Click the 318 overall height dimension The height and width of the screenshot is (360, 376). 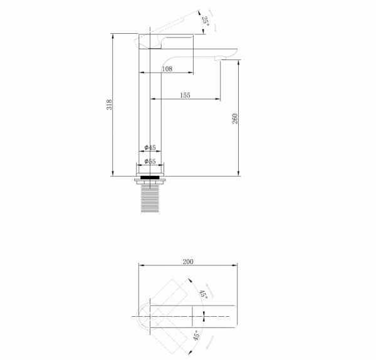click(109, 105)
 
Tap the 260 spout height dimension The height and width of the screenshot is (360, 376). click(235, 119)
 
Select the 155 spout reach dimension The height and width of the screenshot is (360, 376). click(185, 95)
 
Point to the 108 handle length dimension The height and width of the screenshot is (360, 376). click(167, 69)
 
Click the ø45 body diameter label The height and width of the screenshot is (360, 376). click(150, 147)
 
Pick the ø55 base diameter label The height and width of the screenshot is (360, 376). click(150, 162)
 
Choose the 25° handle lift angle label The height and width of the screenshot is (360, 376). click(206, 21)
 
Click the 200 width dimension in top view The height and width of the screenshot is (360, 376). click(188, 262)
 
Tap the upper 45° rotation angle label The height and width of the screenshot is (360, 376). click(204, 294)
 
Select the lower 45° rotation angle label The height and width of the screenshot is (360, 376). click(196, 336)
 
